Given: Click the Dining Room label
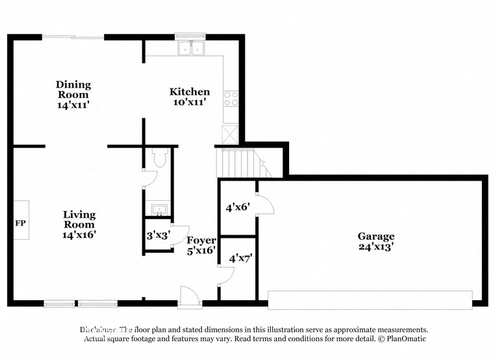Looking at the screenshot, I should [x=73, y=94].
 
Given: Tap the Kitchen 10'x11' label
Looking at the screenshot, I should [x=190, y=96].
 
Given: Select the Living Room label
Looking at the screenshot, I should [x=79, y=224].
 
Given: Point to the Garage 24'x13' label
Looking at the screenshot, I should [x=375, y=241].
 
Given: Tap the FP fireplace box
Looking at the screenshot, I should [x=21, y=223].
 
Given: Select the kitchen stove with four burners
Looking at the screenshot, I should [x=231, y=98].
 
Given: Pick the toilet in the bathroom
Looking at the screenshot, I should [x=160, y=158].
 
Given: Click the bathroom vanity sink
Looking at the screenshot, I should [x=157, y=209].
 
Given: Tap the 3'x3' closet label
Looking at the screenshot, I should [x=158, y=236].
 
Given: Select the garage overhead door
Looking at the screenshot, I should [x=370, y=299].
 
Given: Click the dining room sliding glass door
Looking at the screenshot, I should [x=73, y=37].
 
